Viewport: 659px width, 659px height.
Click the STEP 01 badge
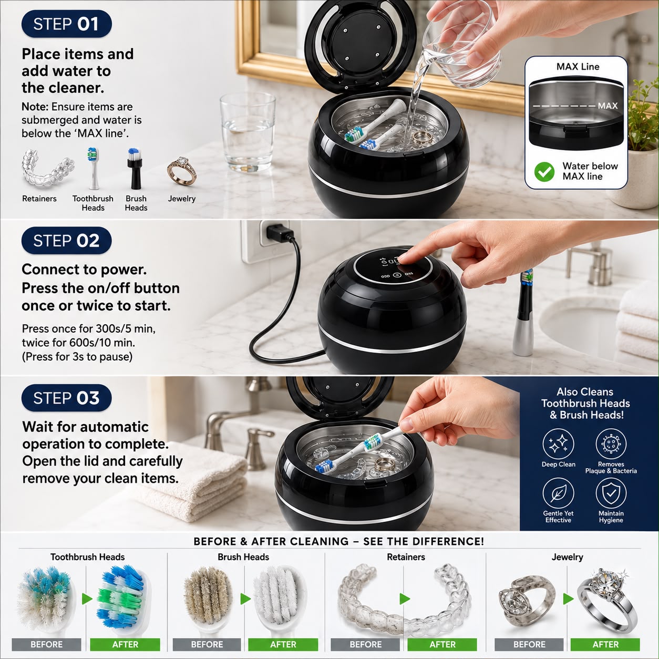pyautogui.click(x=66, y=24)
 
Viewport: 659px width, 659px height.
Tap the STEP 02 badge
pyautogui.click(x=66, y=240)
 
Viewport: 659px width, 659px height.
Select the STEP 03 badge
pyautogui.click(x=66, y=398)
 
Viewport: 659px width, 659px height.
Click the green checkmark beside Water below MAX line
pyautogui.click(x=544, y=171)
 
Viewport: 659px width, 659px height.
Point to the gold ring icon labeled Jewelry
pyautogui.click(x=182, y=170)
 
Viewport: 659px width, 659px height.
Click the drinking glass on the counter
pyautogui.click(x=248, y=132)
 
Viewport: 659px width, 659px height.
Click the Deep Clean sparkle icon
pyautogui.click(x=558, y=444)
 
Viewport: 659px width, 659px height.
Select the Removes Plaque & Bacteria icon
pyautogui.click(x=611, y=444)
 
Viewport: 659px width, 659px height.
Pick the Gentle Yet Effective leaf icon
pyautogui.click(x=558, y=493)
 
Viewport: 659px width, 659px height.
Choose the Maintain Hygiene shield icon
pyautogui.click(x=611, y=493)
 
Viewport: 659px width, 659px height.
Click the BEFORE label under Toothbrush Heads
pyautogui.click(x=47, y=644)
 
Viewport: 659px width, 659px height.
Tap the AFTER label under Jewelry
pyautogui.click(x=605, y=644)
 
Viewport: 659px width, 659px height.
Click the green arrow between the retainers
pyautogui.click(x=405, y=599)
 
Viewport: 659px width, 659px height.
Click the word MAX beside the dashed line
pyautogui.click(x=607, y=106)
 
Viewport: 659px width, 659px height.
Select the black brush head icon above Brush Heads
pyautogui.click(x=135, y=169)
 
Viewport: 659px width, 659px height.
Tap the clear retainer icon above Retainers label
pyautogui.click(x=47, y=168)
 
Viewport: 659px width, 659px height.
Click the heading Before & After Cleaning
pyautogui.click(x=338, y=541)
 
